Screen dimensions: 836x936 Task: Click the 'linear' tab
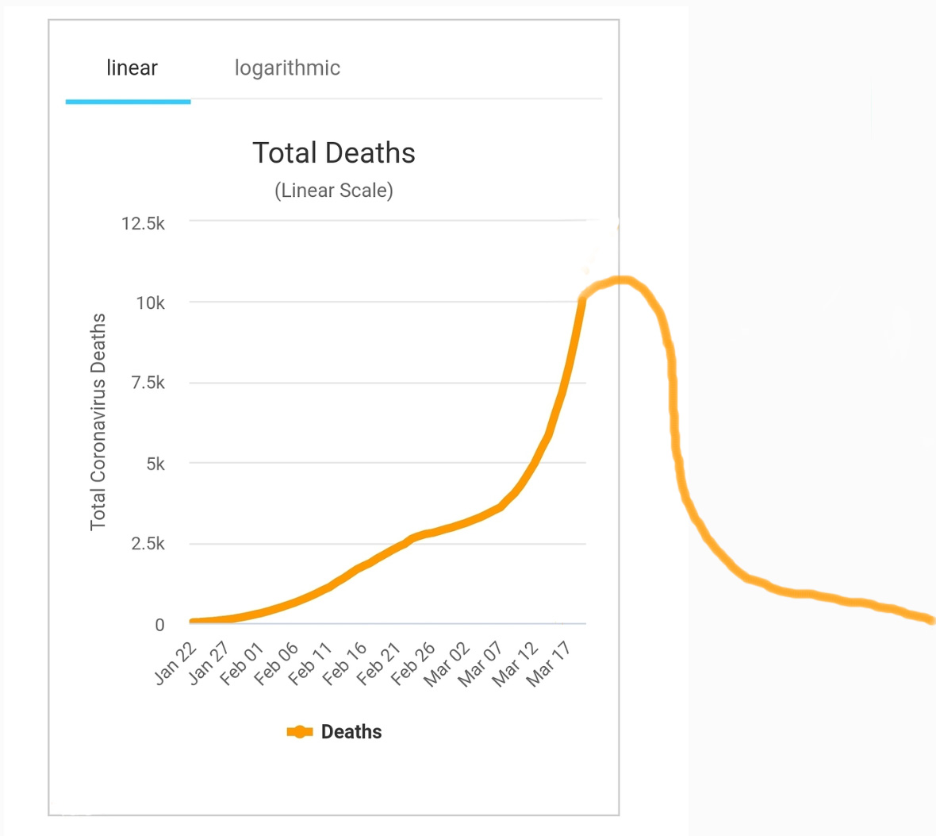tap(132, 68)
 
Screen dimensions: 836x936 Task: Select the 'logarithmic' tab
tap(287, 68)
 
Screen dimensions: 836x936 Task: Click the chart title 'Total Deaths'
tap(334, 153)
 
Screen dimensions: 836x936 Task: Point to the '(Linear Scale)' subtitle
tap(334, 191)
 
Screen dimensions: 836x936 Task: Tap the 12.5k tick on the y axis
tap(143, 224)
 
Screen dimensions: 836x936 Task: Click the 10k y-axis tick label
tap(150, 303)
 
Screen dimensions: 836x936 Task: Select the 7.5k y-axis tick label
tap(148, 383)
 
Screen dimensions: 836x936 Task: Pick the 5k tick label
tap(155, 464)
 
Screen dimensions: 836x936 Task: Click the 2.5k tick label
tap(148, 544)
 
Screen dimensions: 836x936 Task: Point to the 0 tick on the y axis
tap(159, 625)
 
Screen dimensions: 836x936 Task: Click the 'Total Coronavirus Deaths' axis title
tap(98, 422)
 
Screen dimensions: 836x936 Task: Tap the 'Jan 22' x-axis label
tap(175, 664)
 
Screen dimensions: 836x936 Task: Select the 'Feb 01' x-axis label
tap(242, 664)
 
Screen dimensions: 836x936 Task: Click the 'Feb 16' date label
tap(345, 664)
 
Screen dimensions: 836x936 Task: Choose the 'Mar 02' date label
tap(447, 664)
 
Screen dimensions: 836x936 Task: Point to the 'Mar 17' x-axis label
tap(549, 664)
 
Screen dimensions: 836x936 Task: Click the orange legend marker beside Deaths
tap(299, 732)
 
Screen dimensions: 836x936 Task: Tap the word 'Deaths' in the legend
tap(351, 732)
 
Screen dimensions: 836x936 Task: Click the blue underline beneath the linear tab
tap(128, 102)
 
